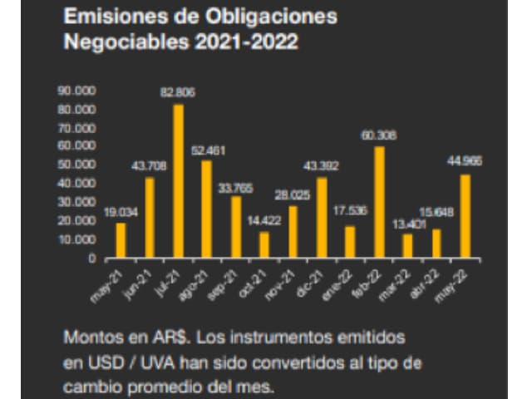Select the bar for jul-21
coord(178,181)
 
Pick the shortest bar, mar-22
coord(407,246)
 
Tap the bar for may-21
coord(121,240)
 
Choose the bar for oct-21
coord(264,245)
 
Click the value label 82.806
coord(178,92)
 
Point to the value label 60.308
coord(379,135)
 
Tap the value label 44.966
coord(465,161)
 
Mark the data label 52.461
coord(207,150)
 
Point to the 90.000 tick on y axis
coord(77,90)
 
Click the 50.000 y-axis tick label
coord(77,165)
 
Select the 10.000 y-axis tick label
coord(77,239)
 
